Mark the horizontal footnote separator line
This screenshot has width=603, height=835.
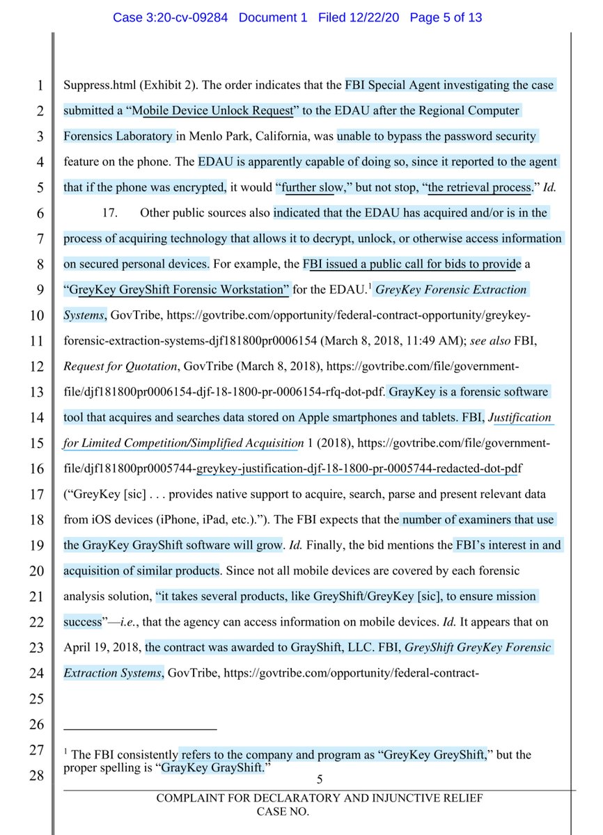coord(140,729)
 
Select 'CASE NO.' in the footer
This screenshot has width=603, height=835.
coord(284,811)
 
